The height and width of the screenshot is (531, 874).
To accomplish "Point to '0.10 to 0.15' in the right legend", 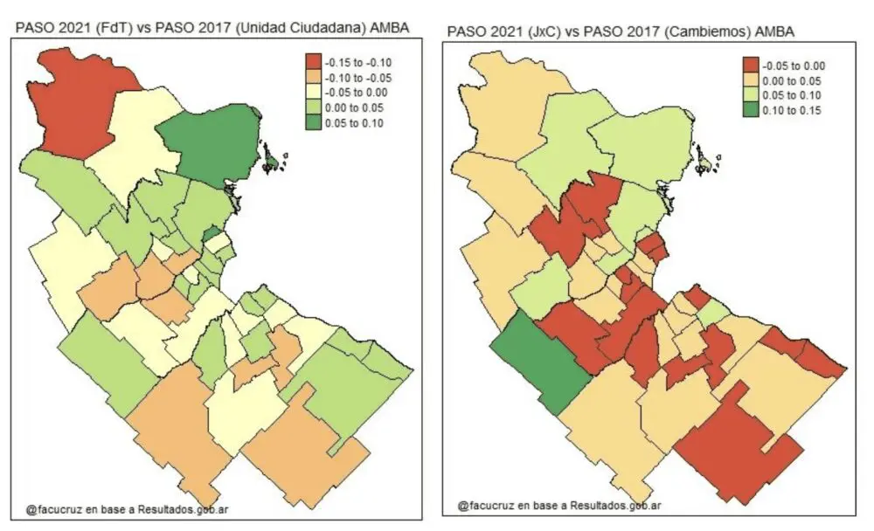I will [x=793, y=111].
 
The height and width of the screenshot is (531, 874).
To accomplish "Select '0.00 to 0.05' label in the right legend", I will [x=793, y=80].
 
